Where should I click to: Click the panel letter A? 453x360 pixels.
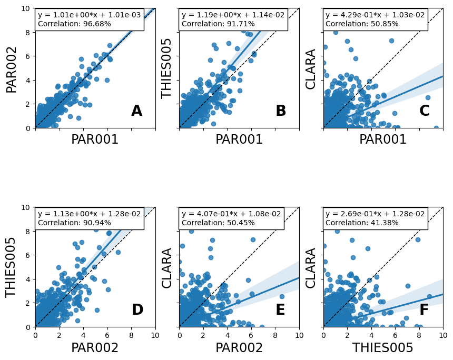click(136, 111)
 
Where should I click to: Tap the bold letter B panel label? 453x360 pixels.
click(281, 111)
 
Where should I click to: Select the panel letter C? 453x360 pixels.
click(425, 111)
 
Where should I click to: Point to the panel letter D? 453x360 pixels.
click(137, 310)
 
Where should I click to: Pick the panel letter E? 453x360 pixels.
click(280, 310)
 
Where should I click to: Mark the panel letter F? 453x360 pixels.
click(424, 310)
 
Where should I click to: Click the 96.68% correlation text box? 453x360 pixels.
click(89, 19)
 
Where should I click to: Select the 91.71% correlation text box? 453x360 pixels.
click(233, 19)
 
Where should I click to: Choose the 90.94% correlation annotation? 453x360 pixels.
click(89, 218)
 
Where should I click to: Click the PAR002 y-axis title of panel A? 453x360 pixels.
click(12, 69)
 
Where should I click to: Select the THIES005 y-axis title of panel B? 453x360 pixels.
click(167, 68)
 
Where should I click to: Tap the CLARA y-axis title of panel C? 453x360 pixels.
click(311, 69)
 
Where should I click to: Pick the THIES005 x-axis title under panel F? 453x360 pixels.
click(383, 348)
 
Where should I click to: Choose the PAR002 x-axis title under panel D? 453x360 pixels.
click(95, 348)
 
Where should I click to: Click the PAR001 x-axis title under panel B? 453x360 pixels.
click(239, 139)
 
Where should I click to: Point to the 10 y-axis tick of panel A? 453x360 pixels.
click(25, 8)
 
